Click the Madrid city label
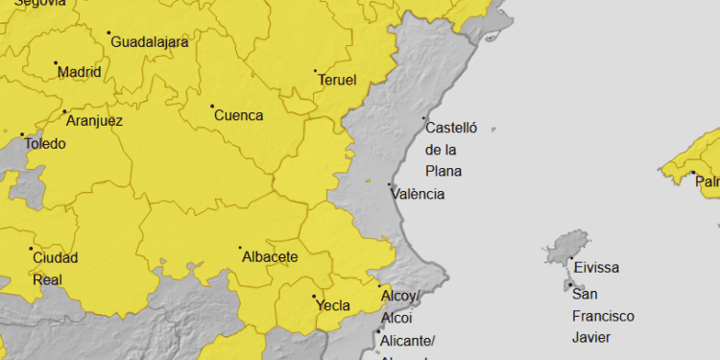[x=79, y=72]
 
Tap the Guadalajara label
[x=150, y=42]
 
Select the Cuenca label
[x=238, y=116]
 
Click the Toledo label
[x=45, y=144]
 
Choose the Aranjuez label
[x=94, y=122]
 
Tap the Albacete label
[x=270, y=257]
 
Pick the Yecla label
[x=333, y=306]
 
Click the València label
[x=418, y=194]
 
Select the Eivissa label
[x=596, y=268]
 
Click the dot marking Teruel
[x=315, y=71]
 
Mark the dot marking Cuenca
[x=212, y=106]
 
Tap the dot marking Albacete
[x=241, y=248]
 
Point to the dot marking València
[x=389, y=184]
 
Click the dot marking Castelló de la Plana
[x=424, y=118]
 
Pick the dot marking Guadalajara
[x=108, y=33]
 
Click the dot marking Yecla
[x=313, y=297]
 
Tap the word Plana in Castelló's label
[x=444, y=172]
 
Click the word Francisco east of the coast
[x=603, y=316]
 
